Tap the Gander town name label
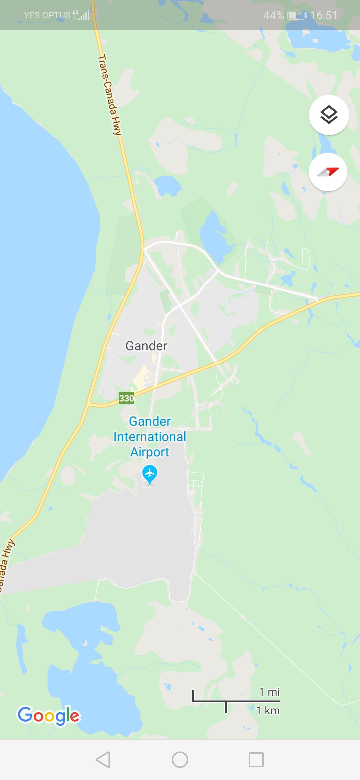(x=146, y=346)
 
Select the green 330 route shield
(x=127, y=398)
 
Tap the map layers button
(x=329, y=115)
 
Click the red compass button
(x=328, y=172)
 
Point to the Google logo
(x=49, y=716)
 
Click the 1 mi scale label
(x=269, y=692)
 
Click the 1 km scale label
(x=268, y=711)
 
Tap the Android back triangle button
(x=103, y=760)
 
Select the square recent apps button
(x=256, y=760)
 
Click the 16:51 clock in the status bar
(x=324, y=15)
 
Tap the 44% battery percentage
(x=273, y=15)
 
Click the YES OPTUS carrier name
(x=47, y=15)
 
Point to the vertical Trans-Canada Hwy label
(x=109, y=95)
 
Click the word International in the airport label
(x=150, y=437)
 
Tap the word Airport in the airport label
(x=150, y=452)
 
